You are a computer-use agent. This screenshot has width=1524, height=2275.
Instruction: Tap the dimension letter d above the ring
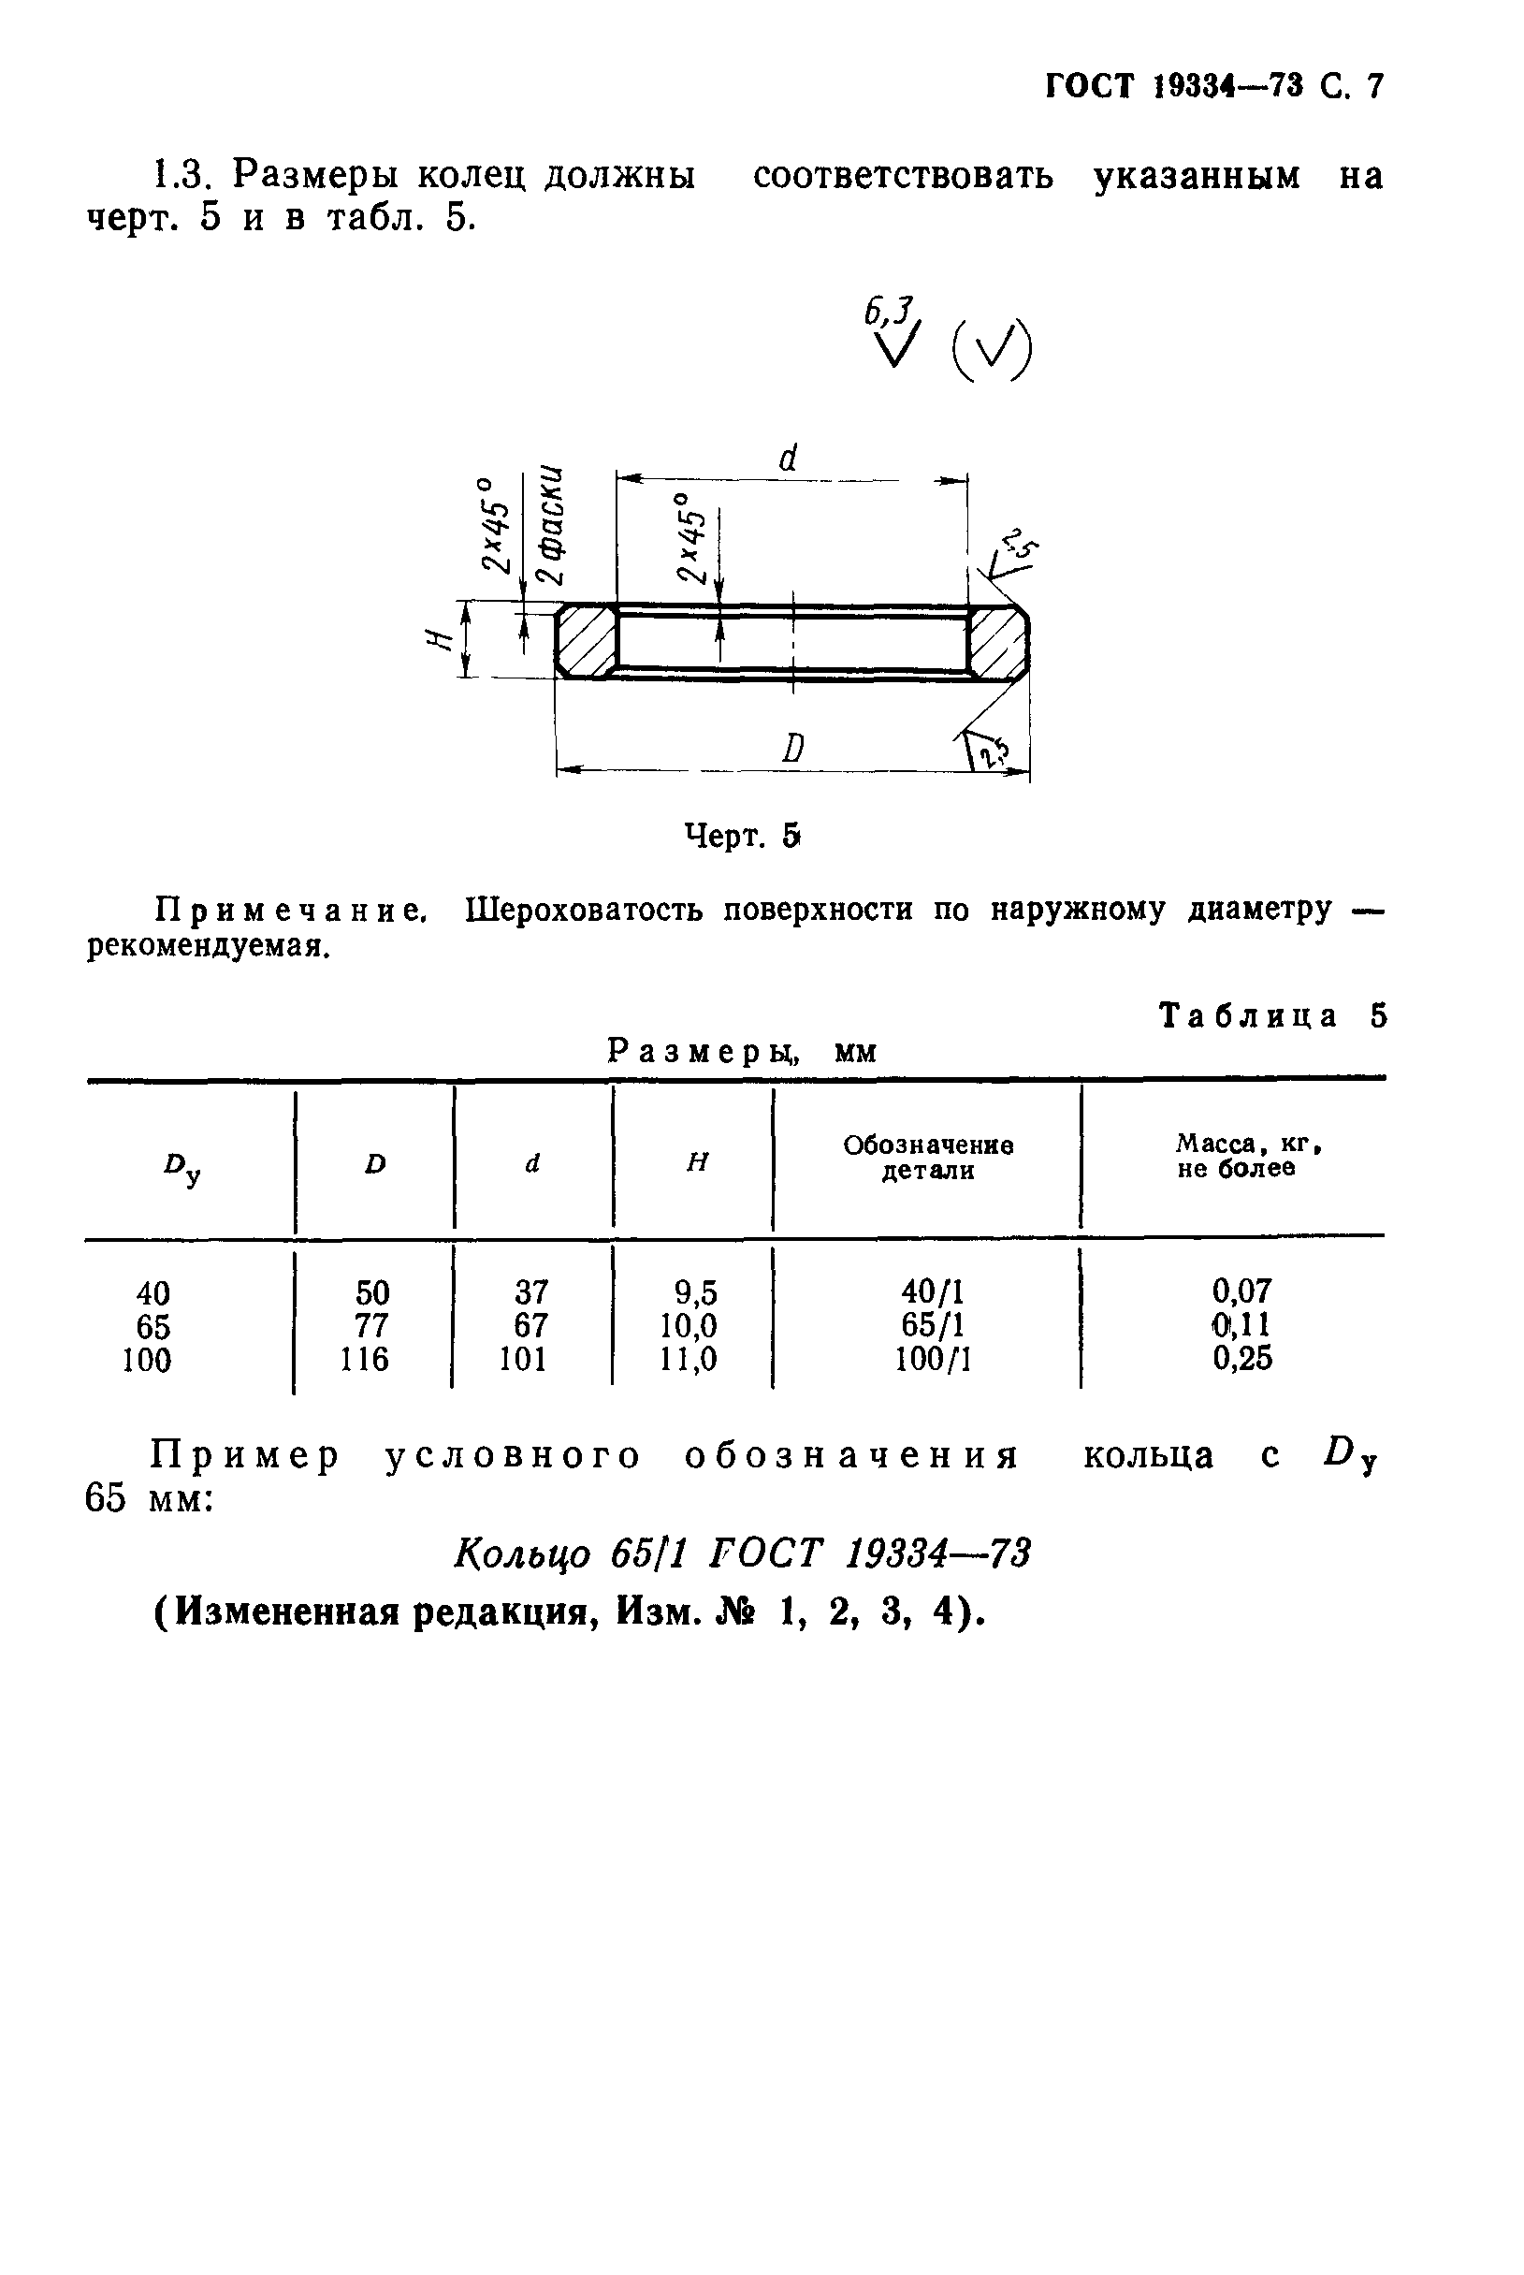point(789,458)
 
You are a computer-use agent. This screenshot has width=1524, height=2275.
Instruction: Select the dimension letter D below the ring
point(793,748)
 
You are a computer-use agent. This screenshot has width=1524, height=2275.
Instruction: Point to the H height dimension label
point(440,640)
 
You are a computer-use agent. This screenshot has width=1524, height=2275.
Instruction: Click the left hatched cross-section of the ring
point(586,641)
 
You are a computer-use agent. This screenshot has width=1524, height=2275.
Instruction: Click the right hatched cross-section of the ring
point(998,641)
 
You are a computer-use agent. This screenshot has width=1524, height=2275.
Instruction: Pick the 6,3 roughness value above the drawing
point(889,312)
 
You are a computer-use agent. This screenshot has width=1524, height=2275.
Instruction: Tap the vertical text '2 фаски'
point(552,525)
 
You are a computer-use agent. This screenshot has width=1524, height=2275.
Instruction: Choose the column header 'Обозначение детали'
point(928,1158)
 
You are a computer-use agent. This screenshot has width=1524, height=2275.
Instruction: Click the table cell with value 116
point(365,1358)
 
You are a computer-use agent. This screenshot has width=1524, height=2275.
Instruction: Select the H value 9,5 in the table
point(695,1292)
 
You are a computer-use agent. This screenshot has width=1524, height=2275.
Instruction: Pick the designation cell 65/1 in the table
point(932,1325)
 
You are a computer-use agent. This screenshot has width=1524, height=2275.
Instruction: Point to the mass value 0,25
point(1242,1358)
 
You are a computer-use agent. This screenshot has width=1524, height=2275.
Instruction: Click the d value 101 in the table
point(523,1358)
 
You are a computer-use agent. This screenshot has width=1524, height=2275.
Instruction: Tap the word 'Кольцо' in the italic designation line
point(522,1554)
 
